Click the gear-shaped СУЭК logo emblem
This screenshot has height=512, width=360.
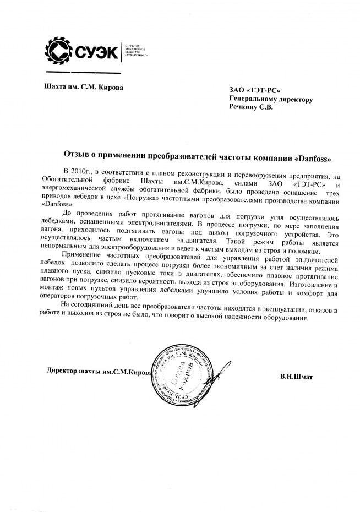(x=58, y=52)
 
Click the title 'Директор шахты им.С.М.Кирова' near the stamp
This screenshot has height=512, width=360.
(x=99, y=373)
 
